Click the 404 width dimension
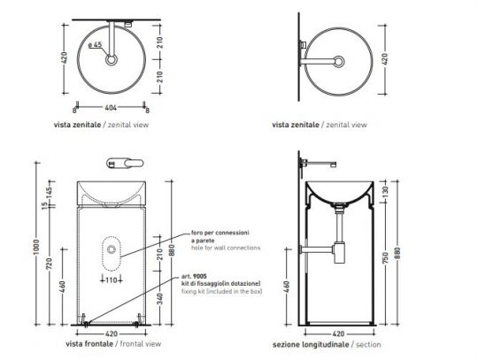[112, 106]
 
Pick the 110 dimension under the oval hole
[112, 280]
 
